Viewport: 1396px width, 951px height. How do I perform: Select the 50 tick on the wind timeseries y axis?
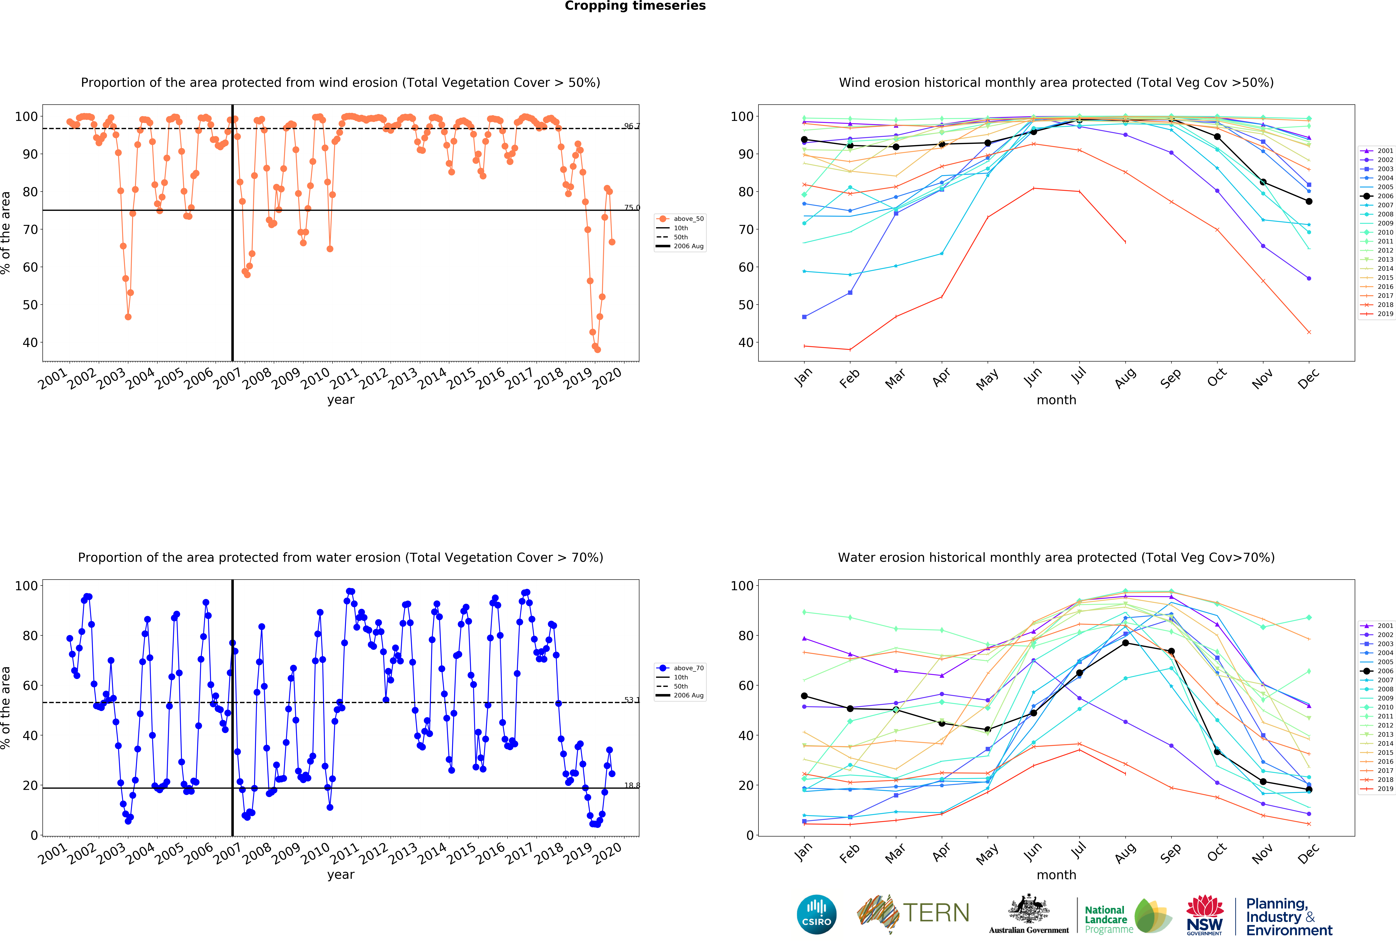click(30, 305)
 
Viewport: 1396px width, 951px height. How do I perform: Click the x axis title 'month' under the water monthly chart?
click(1056, 875)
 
